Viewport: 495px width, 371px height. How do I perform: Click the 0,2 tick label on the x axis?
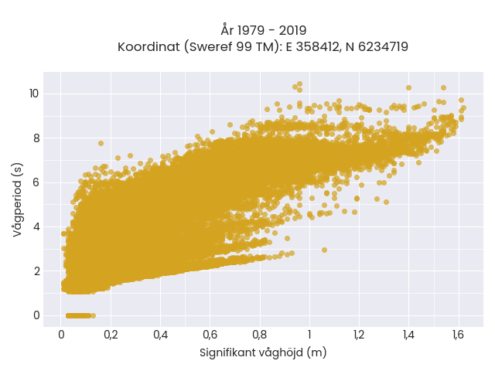111,335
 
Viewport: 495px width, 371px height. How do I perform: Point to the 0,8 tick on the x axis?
260,335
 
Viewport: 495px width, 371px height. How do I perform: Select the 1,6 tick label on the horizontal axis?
458,335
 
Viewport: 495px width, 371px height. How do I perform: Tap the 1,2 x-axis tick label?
359,335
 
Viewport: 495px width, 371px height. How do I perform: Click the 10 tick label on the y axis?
34,94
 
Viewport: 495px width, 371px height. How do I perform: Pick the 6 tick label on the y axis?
36,182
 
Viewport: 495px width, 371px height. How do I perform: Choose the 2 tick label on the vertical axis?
36,271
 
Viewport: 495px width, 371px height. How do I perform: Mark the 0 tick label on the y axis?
36,315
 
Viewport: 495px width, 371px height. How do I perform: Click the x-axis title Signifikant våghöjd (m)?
263,352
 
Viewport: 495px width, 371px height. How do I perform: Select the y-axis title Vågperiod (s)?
18,199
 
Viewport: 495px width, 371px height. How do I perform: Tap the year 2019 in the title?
292,30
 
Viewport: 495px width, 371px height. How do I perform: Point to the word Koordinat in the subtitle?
148,46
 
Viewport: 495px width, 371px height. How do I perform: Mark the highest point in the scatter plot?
299,84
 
